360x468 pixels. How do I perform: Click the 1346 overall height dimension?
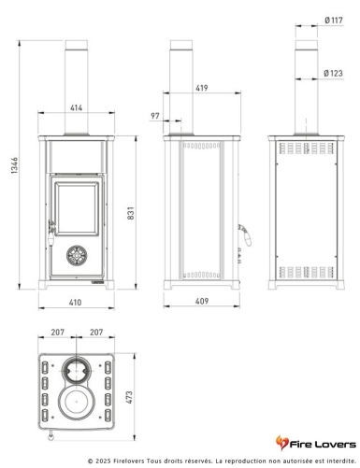[15, 165]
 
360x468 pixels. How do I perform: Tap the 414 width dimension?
[76, 107]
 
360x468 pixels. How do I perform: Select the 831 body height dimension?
[131, 213]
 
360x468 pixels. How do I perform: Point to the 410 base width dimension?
[75, 303]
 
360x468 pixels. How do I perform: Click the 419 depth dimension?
[202, 88]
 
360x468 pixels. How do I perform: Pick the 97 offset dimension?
[155, 116]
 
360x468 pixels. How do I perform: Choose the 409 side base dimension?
[202, 301]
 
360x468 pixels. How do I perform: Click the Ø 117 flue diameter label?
[334, 21]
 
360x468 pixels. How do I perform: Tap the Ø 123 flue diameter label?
[333, 73]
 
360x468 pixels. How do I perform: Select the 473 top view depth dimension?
[129, 397]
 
